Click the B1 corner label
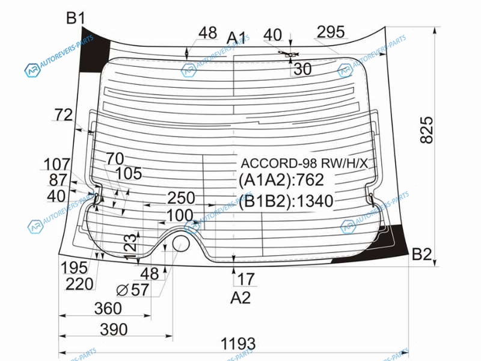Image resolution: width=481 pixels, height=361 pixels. pyautogui.click(x=75, y=19)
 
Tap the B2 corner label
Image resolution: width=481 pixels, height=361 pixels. pyautogui.click(x=422, y=255)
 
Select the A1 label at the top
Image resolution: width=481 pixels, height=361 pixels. pyautogui.click(x=236, y=38)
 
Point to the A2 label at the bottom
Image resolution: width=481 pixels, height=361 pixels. pyautogui.click(x=240, y=297)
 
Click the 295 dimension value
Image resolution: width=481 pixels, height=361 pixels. pyautogui.click(x=331, y=32)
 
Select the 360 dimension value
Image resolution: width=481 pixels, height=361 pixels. pyautogui.click(x=108, y=309)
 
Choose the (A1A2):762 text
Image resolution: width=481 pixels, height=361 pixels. pyautogui.click(x=281, y=180)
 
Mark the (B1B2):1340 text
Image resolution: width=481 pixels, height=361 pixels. pyautogui.click(x=286, y=201)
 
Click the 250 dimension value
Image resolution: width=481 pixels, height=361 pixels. pyautogui.click(x=181, y=197)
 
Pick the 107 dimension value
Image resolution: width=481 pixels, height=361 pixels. pyautogui.click(x=57, y=164)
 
